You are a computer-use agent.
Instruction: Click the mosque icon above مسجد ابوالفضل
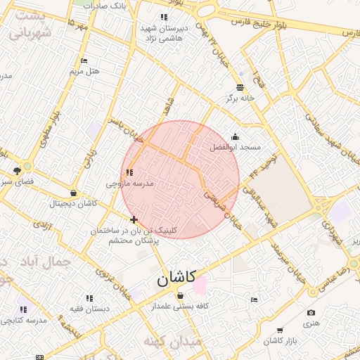(x=235, y=137)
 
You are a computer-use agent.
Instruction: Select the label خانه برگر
(x=240, y=98)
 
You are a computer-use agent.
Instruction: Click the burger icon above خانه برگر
(x=240, y=87)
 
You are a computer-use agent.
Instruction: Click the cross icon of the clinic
(x=134, y=220)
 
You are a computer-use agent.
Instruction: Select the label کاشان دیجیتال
(x=73, y=203)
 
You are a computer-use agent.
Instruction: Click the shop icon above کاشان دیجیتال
(x=73, y=193)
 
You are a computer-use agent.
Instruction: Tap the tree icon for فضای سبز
(x=18, y=170)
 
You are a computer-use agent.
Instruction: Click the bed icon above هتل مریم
(x=84, y=61)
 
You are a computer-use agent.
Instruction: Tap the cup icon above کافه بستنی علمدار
(x=181, y=295)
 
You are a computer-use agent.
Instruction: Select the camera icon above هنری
(x=311, y=313)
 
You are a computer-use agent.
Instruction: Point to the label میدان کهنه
(x=172, y=341)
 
